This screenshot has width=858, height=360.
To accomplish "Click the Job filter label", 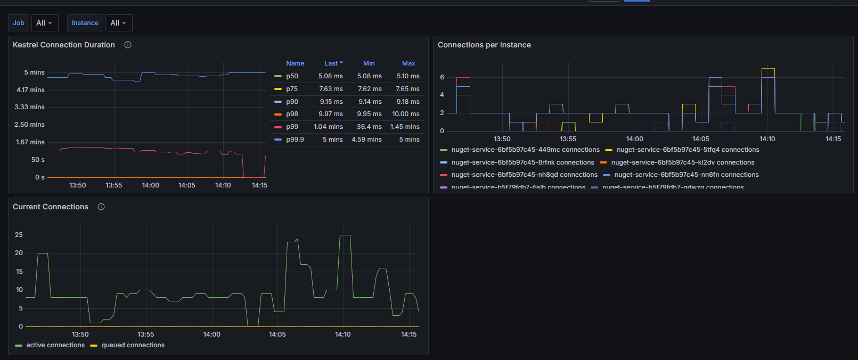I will pos(19,23).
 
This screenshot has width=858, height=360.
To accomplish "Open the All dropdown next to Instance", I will pos(118,23).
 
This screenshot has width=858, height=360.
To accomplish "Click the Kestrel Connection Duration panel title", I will pos(64,45).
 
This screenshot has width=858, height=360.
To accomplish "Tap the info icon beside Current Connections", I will pos(101,207).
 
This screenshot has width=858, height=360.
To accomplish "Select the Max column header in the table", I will pos(408,63).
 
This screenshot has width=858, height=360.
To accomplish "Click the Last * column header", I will pos(333,63).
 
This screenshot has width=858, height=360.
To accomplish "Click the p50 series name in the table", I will pos(292,76).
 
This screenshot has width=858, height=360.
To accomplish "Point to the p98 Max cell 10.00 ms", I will pos(405,114).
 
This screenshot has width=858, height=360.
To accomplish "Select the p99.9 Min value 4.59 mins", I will pos(366,140).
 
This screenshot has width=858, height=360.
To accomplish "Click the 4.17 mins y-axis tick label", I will pos(30,90).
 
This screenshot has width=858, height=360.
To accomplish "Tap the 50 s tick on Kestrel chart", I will pos(38,160).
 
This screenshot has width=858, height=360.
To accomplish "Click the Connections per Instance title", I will pos(484,45).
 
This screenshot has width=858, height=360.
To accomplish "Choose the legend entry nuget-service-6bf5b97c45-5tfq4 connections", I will pos(688,150).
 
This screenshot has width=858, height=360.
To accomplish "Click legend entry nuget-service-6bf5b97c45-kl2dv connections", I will pos(682,162).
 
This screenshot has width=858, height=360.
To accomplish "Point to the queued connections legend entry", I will pos(133,345).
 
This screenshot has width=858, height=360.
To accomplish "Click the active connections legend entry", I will pos(55,345).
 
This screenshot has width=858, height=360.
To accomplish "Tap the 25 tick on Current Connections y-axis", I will pos(19,235).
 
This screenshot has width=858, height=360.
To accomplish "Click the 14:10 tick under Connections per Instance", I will pos(767,139).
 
